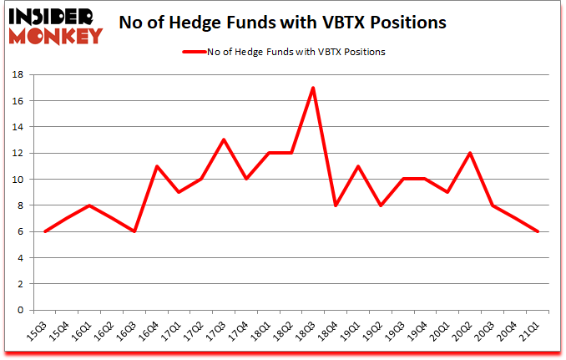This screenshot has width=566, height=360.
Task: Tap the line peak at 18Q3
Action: (313, 88)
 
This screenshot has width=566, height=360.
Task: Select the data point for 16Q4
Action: (157, 166)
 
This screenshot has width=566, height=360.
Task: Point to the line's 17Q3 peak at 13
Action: (224, 139)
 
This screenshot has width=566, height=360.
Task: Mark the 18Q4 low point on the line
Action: (336, 205)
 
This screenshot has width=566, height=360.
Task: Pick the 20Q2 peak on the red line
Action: (470, 153)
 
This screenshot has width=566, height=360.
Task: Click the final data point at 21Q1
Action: (537, 231)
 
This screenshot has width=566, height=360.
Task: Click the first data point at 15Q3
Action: (45, 231)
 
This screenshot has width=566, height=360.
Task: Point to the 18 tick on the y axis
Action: (18, 74)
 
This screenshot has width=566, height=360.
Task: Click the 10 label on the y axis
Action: (18, 179)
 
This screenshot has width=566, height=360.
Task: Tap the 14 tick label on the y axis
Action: (18, 127)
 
